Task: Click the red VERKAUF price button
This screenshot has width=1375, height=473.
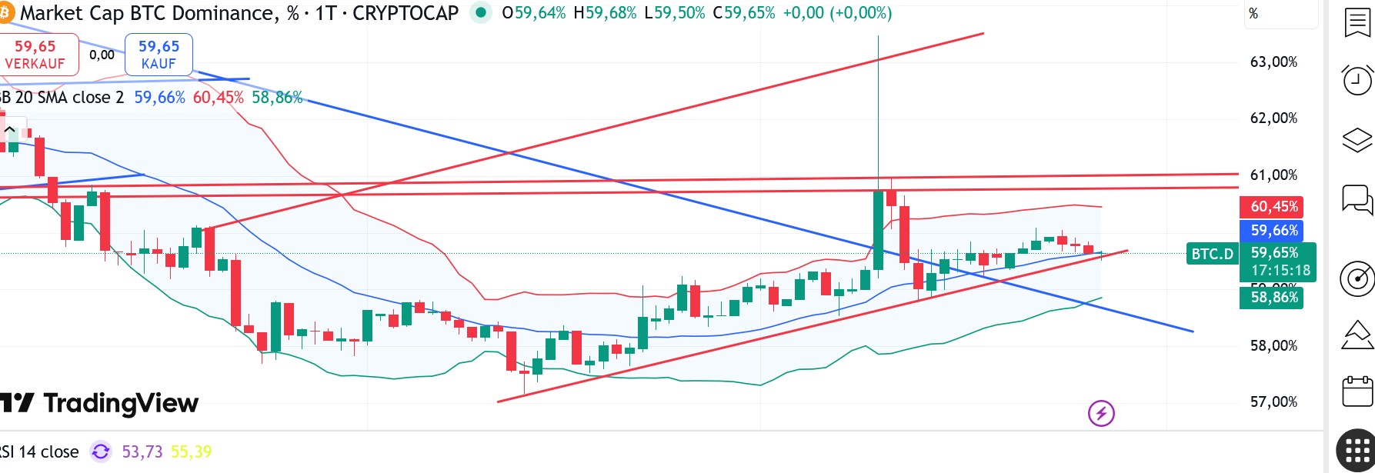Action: click(x=35, y=55)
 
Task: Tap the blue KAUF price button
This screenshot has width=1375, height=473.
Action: click(x=159, y=55)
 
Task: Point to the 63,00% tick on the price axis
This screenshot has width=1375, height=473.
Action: click(x=1273, y=62)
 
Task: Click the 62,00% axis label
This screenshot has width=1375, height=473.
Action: click(x=1273, y=118)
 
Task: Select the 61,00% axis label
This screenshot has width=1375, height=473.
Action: click(x=1273, y=175)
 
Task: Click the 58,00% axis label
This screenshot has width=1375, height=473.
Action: click(x=1273, y=346)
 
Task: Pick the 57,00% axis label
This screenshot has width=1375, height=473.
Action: click(x=1273, y=402)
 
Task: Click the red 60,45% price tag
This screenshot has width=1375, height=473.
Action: click(x=1273, y=207)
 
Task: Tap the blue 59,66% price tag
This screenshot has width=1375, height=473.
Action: click(x=1273, y=231)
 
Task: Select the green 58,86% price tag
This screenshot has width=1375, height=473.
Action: click(x=1273, y=298)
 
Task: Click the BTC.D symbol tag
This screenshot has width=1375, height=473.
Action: click(x=1212, y=254)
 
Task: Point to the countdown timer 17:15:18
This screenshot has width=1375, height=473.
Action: click(x=1280, y=271)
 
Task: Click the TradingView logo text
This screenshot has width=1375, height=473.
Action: click(x=121, y=403)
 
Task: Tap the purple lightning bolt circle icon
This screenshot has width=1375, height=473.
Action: click(x=1101, y=414)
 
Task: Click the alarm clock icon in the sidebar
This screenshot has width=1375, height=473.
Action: click(x=1357, y=79)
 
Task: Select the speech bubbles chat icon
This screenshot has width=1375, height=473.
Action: click(x=1357, y=200)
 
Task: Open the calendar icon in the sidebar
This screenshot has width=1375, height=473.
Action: click(x=1357, y=391)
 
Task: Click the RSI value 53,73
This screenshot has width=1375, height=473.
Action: click(x=142, y=452)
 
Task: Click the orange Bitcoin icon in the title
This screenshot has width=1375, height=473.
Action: click(x=5, y=12)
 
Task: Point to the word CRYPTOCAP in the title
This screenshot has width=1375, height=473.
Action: click(x=405, y=13)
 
